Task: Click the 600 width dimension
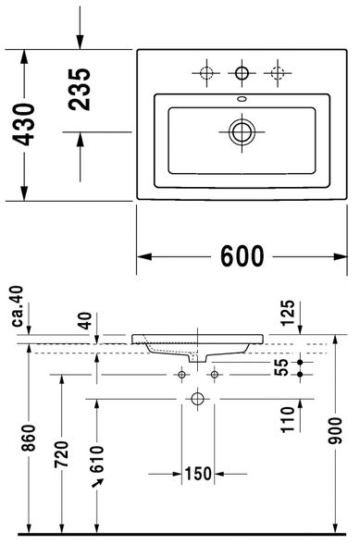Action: coord(242,256)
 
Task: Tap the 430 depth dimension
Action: coord(24,124)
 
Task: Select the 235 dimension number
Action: coord(80,90)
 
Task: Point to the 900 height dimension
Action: coord(336,430)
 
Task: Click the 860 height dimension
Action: coord(29,438)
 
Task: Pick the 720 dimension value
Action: coord(62,454)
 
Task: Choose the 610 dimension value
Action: coord(97,459)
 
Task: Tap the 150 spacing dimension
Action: coord(198,474)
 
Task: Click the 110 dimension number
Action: coord(288,420)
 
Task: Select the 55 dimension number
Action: coord(281,367)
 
